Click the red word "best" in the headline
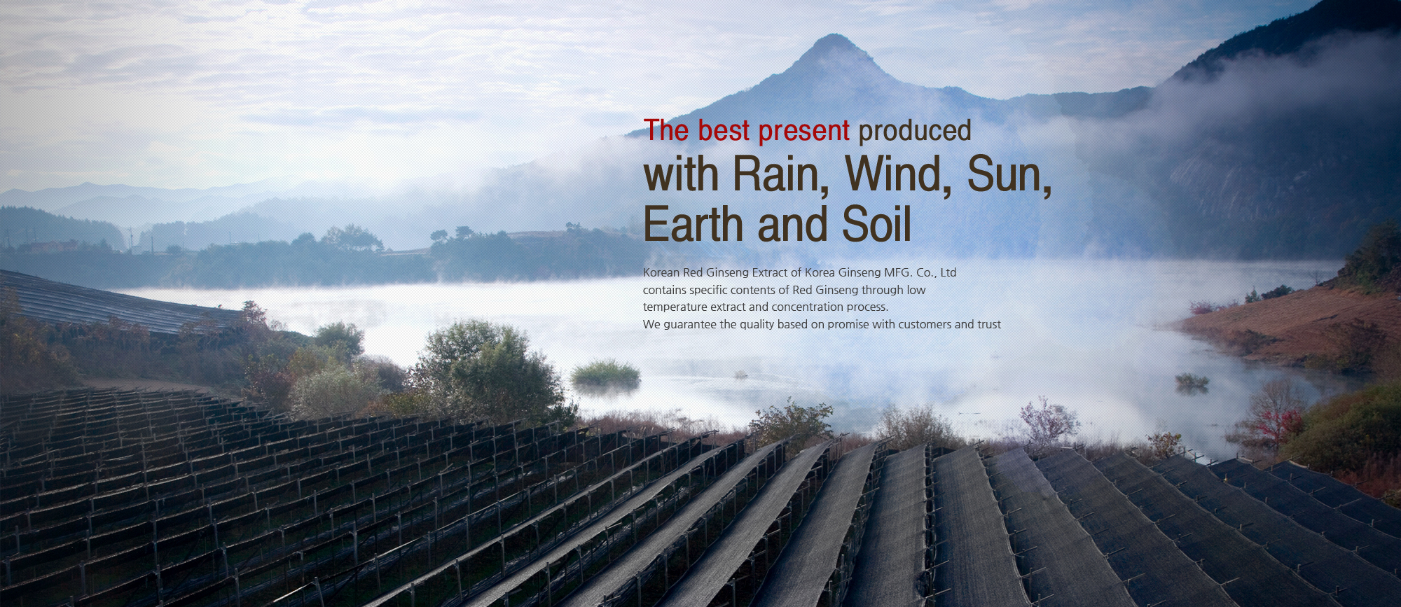pos(724,131)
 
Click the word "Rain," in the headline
pos(781,174)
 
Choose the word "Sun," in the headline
pos(1009,175)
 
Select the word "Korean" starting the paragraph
pos(661,272)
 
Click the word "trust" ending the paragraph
pos(989,324)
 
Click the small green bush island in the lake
pos(606,375)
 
